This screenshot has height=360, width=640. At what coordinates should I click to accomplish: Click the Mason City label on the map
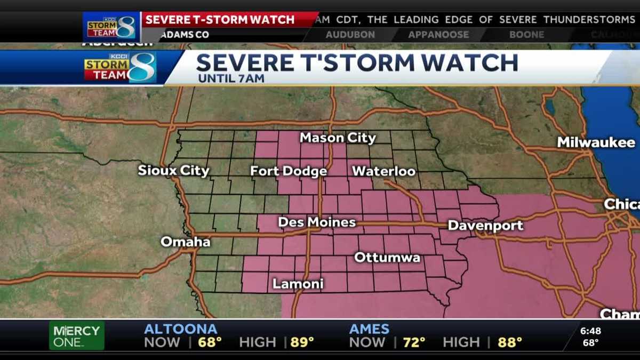pos(338,138)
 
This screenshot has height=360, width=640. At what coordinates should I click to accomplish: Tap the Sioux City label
pos(173,171)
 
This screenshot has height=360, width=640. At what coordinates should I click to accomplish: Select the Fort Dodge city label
pos(289,171)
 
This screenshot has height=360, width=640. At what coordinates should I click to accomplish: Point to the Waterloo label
pos(383,171)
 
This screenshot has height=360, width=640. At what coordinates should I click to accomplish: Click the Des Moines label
pos(317,222)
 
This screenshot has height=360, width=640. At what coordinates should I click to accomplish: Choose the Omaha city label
pos(186,242)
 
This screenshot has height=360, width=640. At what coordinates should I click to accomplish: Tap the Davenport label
pos(485,226)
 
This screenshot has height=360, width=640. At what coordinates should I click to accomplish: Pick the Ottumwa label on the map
pos(387,258)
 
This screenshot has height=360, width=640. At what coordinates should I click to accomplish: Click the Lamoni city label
pos(298,284)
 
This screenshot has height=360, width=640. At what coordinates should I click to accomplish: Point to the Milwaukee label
pos(596,142)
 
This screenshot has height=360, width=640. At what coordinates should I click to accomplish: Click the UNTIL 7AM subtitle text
pos(231,78)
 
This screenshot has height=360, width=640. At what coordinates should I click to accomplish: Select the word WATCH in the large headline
pos(460,63)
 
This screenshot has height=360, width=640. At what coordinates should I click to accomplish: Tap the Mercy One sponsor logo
pos(77,336)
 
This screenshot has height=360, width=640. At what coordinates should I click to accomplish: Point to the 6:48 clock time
pos(590,331)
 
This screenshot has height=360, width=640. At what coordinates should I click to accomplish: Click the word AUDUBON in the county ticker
pos(350,35)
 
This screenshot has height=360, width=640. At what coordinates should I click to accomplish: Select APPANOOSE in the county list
pos(438,35)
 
